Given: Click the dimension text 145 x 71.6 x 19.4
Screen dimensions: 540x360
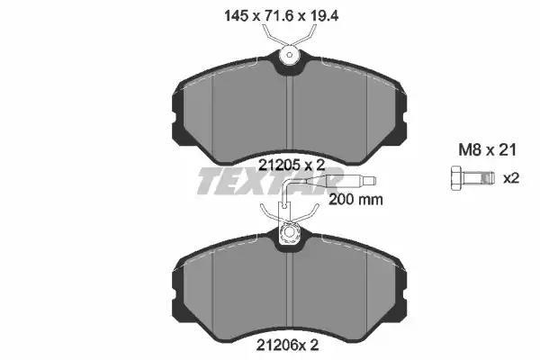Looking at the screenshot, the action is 282,16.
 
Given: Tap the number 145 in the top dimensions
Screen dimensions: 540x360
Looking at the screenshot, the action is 236,16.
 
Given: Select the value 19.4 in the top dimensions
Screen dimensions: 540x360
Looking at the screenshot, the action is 325,16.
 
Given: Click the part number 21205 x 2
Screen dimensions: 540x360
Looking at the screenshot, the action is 292,166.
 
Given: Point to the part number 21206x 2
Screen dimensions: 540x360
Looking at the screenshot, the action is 288,346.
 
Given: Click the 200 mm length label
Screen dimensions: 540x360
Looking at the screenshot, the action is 355,200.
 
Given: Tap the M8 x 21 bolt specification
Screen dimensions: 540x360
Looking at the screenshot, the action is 487,150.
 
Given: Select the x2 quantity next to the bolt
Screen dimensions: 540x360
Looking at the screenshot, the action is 511,178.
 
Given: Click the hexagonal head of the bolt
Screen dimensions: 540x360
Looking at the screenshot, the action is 457,178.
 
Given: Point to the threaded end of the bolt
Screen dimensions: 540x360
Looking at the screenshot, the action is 487,178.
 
